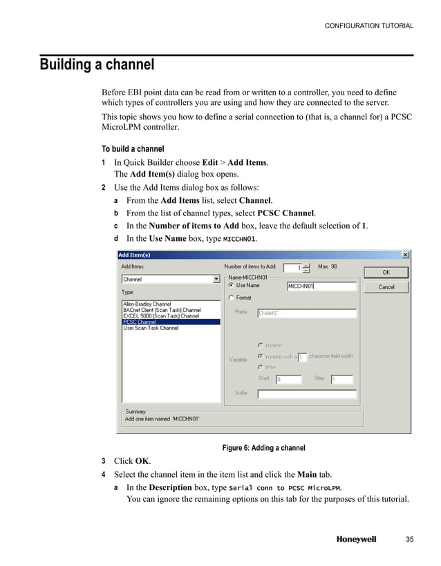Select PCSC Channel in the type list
140,322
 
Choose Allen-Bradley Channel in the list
147,304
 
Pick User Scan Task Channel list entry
151,328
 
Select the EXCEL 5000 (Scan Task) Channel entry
156,316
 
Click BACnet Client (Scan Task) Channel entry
162,310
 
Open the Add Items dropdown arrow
216,280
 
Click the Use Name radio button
231,285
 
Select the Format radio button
231,298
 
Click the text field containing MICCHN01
321,286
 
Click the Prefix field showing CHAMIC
306,313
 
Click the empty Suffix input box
306,395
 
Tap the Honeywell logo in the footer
356,540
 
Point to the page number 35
409,540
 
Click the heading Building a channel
97,66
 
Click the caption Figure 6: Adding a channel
263,448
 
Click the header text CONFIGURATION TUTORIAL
369,26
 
